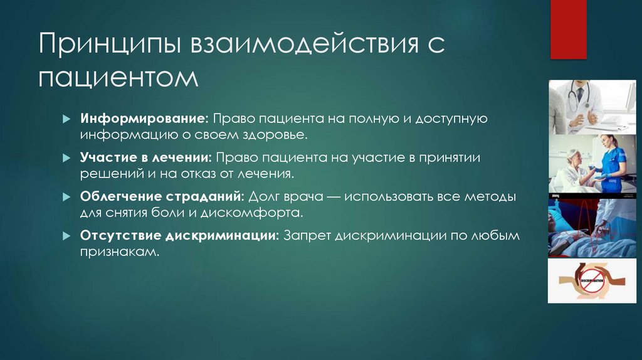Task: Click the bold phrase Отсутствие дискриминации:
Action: [179, 236]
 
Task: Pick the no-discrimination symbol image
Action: [592, 280]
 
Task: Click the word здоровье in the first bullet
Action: [275, 134]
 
